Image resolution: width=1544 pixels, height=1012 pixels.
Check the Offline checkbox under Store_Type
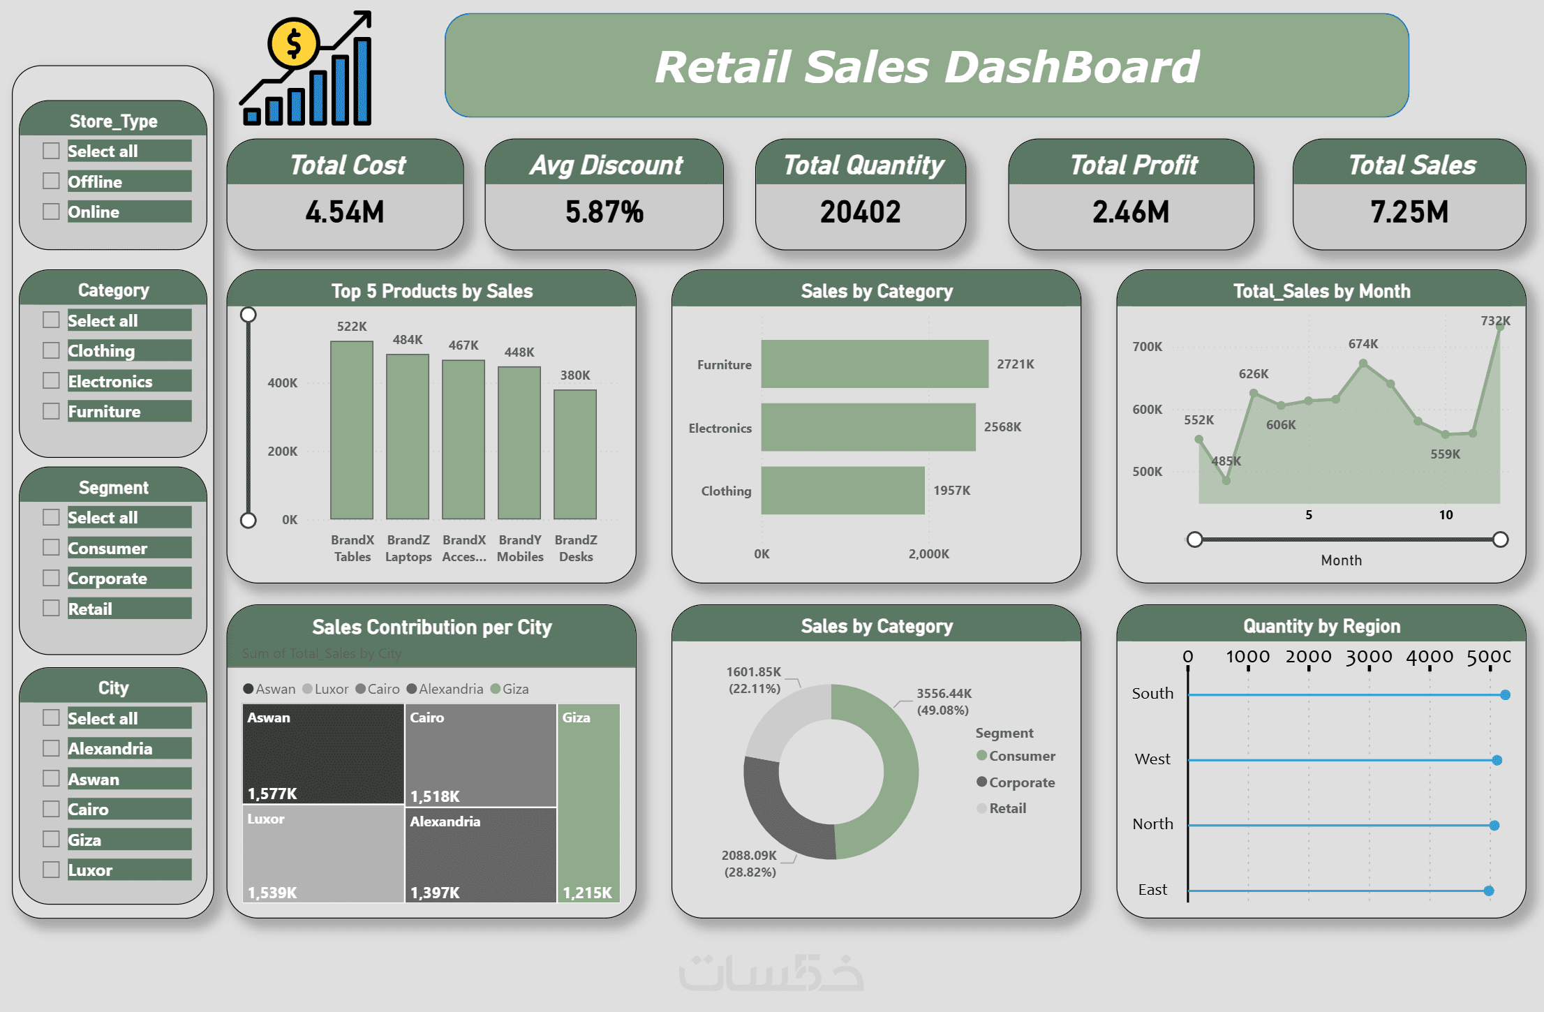point(51,181)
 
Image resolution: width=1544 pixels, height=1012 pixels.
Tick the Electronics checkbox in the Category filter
point(51,380)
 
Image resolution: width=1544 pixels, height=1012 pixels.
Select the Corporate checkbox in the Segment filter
point(51,578)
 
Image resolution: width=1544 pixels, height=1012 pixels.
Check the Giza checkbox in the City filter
point(51,839)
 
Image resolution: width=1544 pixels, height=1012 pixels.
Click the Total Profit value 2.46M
point(1131,212)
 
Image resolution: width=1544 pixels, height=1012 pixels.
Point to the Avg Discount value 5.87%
point(604,212)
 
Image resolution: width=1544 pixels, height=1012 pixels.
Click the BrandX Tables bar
point(352,430)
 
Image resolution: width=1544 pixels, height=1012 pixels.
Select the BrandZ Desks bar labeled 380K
point(575,454)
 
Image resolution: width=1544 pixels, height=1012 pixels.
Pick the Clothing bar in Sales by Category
point(842,491)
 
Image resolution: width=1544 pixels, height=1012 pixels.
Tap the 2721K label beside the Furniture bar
point(1015,364)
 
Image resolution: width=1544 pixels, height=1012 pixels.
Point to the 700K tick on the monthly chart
point(1147,347)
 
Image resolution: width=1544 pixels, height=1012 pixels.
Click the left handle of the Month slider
point(1195,540)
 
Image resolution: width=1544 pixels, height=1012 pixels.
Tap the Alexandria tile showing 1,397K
point(480,855)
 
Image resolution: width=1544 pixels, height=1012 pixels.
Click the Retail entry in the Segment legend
point(1007,808)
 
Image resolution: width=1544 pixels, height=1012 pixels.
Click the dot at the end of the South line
point(1506,695)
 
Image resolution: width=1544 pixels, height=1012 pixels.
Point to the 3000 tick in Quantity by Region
point(1369,657)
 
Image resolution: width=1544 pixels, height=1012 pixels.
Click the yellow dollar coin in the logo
point(294,43)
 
